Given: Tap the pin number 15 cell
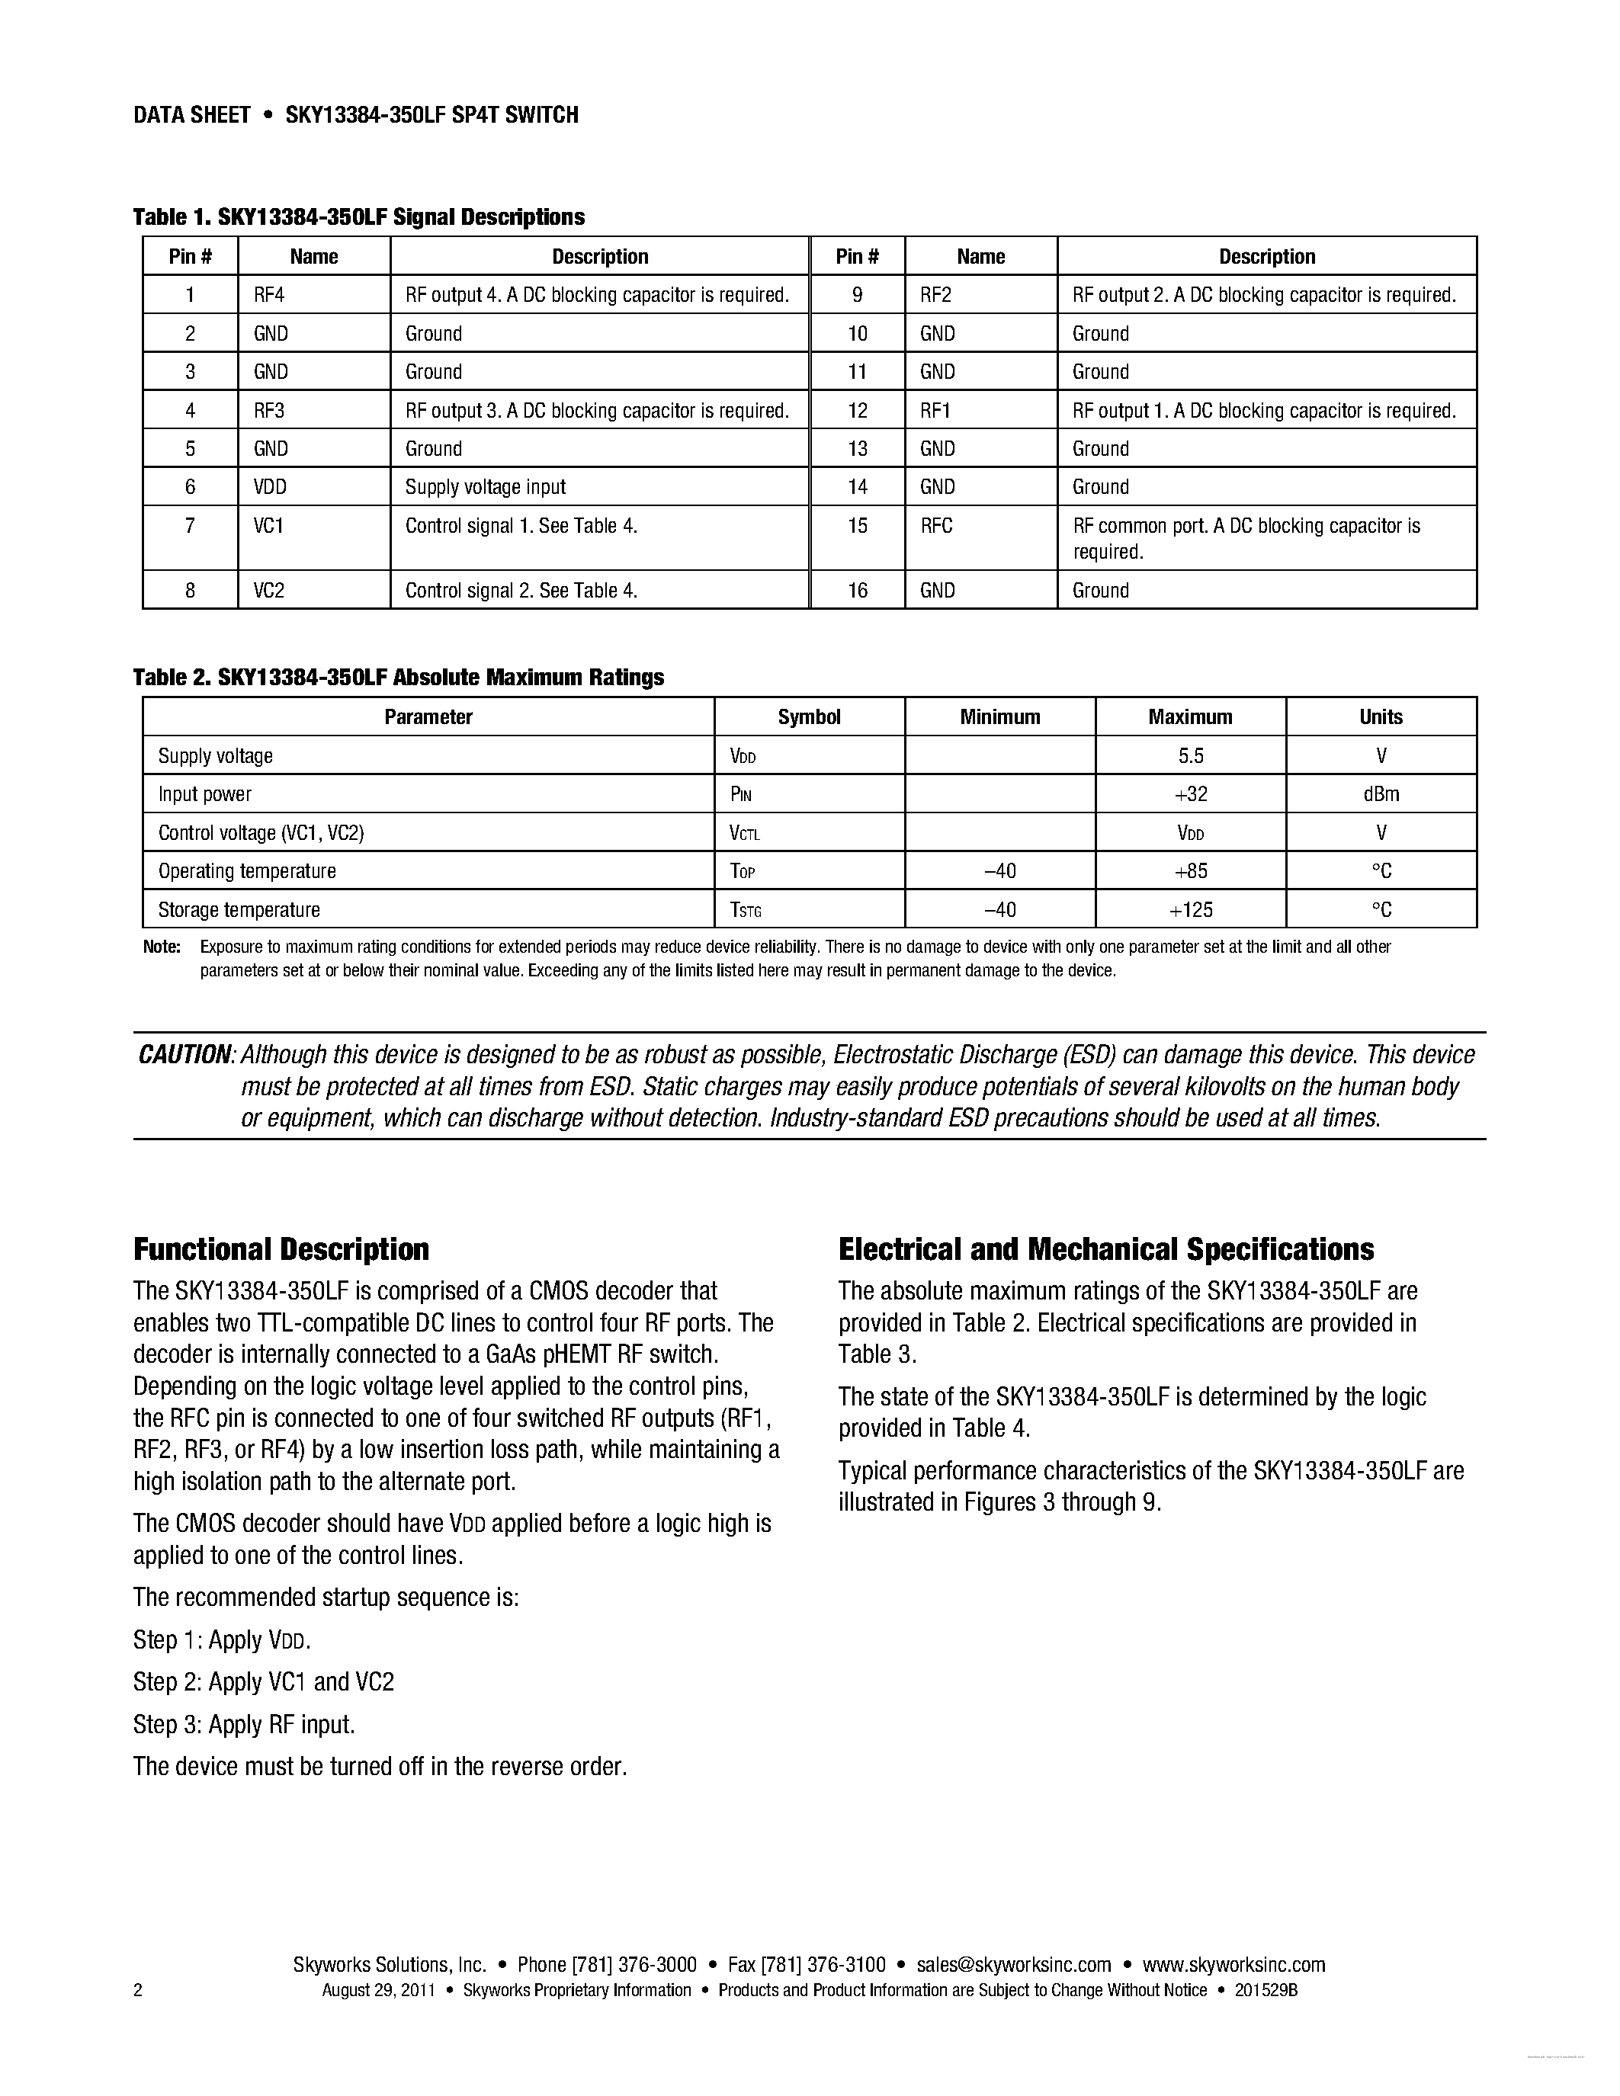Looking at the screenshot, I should pyautogui.click(x=857, y=526).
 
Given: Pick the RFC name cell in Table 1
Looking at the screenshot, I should pyautogui.click(x=937, y=526).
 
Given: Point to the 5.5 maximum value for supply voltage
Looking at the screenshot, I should pyautogui.click(x=1190, y=756).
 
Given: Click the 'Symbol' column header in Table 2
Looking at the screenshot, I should pyautogui.click(x=809, y=717).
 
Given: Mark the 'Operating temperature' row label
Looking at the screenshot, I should pyautogui.click(x=248, y=871).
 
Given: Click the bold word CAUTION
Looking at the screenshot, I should pyautogui.click(x=184, y=1056).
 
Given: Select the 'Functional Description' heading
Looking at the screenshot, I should pyautogui.click(x=281, y=1249).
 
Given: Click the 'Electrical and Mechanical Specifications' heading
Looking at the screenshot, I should pyautogui.click(x=1105, y=1249).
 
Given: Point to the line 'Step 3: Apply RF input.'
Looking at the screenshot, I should pyautogui.click(x=244, y=1725).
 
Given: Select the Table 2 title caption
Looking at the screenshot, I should pyautogui.click(x=398, y=678).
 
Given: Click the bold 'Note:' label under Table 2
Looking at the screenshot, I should pyautogui.click(x=161, y=947).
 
